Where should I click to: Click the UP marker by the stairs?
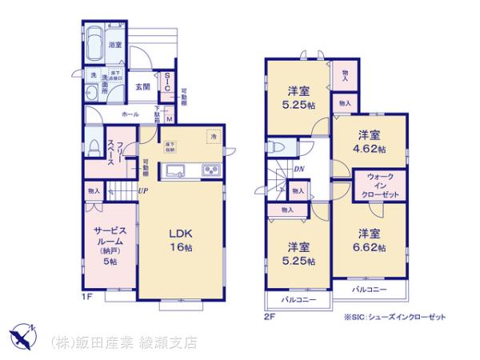tap(141, 190)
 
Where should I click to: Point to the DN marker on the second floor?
tap(298, 169)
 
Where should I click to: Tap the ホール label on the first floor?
tap(129, 115)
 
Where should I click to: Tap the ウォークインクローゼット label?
tap(381, 186)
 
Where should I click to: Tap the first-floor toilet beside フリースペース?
tap(95, 140)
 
